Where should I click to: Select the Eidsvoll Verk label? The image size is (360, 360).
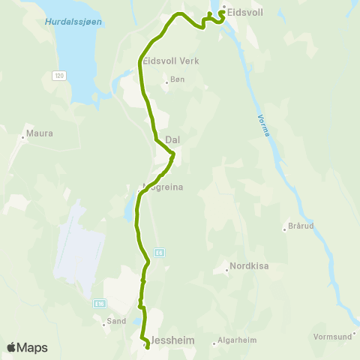click(171, 61)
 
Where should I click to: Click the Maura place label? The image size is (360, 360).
click(40, 133)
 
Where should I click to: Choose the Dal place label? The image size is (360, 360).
click(173, 139)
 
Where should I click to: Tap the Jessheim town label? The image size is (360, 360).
click(173, 340)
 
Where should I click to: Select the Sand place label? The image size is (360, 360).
click(116, 320)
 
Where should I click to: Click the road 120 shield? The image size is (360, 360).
click(58, 76)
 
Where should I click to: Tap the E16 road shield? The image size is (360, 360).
click(100, 303)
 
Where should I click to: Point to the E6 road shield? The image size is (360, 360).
click(159, 253)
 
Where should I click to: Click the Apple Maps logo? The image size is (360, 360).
click(27, 347)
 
